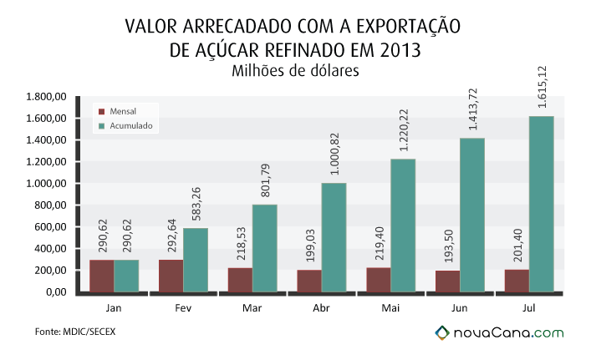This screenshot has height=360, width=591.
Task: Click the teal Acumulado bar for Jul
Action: (541, 204)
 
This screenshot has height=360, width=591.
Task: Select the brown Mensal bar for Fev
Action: (171, 276)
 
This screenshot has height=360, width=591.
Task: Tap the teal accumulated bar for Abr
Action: (334, 237)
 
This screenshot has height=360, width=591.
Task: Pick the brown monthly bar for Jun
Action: (447, 281)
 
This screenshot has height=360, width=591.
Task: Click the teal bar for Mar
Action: (265, 249)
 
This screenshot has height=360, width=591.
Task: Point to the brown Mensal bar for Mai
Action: (379, 280)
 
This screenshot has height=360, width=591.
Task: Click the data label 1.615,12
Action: (542, 87)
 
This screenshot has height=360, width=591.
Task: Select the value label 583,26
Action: (196, 204)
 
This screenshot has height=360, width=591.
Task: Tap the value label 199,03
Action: (310, 246)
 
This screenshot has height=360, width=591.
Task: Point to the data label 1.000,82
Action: (334, 154)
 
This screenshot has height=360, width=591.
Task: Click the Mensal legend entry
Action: (117, 111)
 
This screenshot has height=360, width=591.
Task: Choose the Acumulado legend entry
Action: (125, 126)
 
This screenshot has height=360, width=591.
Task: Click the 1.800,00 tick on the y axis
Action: (46, 97)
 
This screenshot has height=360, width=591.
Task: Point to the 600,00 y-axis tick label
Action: (50, 227)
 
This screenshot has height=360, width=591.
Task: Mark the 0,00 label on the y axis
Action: (57, 292)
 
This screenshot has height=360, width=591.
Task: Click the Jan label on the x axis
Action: (114, 308)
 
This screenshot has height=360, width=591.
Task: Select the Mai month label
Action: (390, 308)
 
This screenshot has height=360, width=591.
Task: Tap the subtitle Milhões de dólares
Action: (295, 70)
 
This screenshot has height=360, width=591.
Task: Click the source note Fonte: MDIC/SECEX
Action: (75, 332)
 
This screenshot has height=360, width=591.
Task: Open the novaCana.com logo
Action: (499, 333)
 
